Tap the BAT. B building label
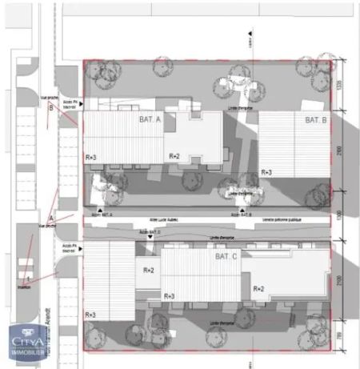[x=314, y=120]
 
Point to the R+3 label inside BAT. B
[x=266, y=173]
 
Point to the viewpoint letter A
[x=50, y=218]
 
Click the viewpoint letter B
[x=50, y=108]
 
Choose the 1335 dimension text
[x=339, y=86]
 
